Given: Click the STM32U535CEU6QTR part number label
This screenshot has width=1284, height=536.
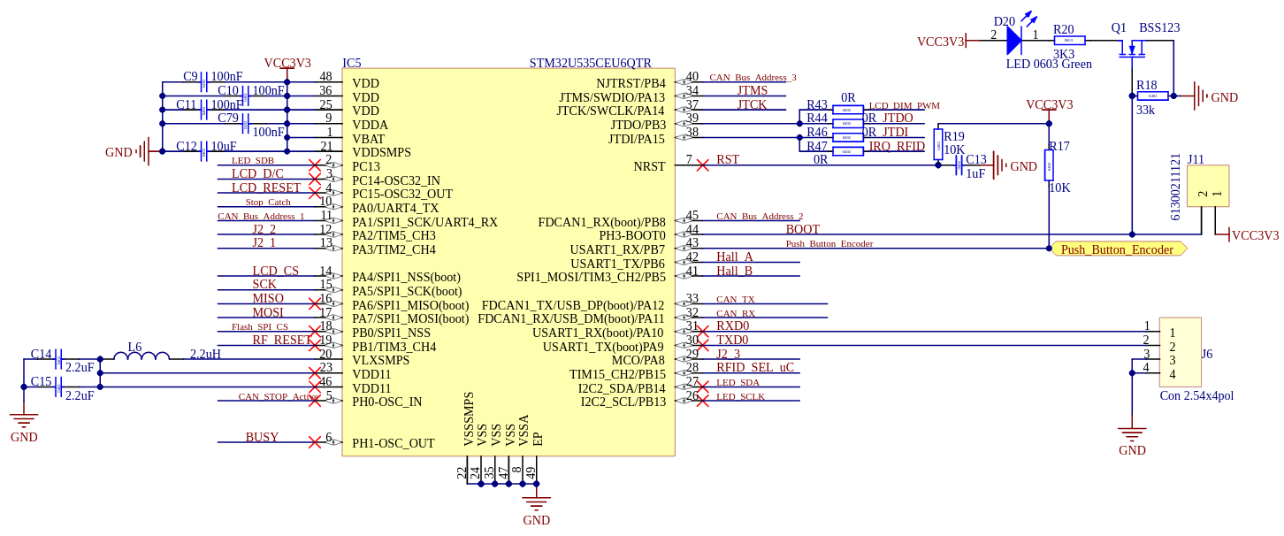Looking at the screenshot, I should coord(590,63).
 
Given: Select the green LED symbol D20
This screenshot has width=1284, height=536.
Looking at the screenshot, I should coord(1013,40).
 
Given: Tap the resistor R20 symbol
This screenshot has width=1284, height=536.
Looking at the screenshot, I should coord(1068,41).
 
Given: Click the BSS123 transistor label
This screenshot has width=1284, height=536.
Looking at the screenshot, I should coord(1158,27).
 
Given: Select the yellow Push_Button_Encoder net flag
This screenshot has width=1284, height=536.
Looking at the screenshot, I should coord(1118,249).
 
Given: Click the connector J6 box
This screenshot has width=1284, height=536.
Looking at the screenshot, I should coord(1180,352).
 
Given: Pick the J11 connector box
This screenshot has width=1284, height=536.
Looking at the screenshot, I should coord(1207,187).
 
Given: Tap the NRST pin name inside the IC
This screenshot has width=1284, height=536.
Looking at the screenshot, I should coord(649,166).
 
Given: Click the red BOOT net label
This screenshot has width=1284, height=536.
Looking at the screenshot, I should coord(802,229).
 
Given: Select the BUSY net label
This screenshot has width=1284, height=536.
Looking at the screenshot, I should coord(262,437).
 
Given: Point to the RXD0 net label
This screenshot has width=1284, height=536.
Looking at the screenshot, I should coord(732,326).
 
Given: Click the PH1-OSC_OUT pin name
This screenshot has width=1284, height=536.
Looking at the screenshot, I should coord(393,443).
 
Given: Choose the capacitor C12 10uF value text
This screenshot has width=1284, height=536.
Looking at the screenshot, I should coord(223,147).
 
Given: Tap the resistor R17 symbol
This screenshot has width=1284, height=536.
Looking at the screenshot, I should coord(1049,165).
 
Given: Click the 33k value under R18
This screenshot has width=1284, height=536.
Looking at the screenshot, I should coord(1145,111).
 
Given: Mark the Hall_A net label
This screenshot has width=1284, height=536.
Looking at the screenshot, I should coord(735,257).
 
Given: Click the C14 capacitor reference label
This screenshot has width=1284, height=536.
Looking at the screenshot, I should coord(41,354).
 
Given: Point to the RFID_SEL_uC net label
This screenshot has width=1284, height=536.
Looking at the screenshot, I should coord(754,368).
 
